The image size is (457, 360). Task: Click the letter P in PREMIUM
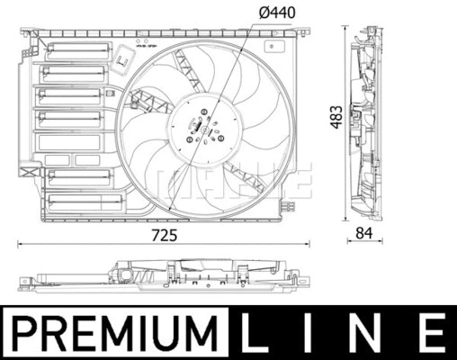(24, 332)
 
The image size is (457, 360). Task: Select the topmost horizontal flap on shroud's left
(76, 50)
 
